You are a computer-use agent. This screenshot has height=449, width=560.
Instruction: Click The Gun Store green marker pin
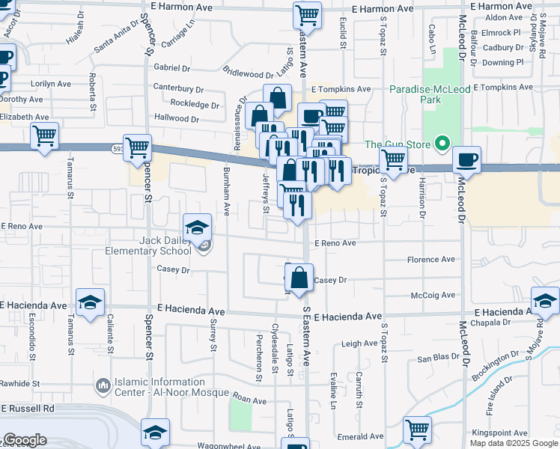click(442, 144)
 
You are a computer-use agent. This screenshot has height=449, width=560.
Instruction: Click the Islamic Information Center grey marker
click(103, 386)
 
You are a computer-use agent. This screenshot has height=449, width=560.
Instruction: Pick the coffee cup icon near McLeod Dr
click(467, 159)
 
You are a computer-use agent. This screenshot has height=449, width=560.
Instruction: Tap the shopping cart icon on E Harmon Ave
click(307, 14)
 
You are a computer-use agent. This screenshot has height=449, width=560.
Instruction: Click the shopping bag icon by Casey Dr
click(299, 278)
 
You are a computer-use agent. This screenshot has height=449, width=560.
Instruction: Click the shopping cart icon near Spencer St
click(137, 148)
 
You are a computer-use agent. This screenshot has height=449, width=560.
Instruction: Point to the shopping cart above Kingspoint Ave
click(417, 430)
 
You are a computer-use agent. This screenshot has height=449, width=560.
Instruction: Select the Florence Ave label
click(430, 260)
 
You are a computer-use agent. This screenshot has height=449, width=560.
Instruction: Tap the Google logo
click(25, 440)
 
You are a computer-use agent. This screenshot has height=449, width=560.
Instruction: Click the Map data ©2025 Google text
click(513, 443)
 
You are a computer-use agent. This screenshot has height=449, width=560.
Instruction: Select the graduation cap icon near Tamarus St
click(90, 302)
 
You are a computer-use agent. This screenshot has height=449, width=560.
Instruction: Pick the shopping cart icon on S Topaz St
click(392, 159)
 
